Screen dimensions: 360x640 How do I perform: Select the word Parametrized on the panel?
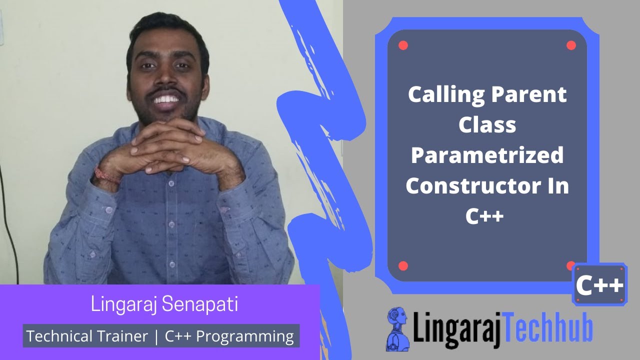point(487,155)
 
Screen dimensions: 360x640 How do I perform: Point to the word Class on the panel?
point(487,125)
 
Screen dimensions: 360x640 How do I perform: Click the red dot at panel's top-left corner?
point(403,45)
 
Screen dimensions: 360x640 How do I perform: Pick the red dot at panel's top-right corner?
point(571,45)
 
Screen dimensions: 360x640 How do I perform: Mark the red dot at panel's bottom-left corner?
point(403,266)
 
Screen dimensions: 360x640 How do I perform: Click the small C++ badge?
point(599,285)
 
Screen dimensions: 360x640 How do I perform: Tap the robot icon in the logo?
point(398,327)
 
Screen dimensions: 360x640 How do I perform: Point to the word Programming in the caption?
point(244,336)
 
